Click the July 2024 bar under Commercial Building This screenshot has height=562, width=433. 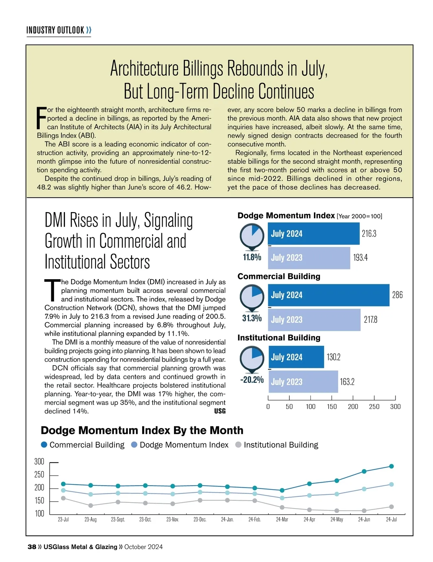pos(328,295)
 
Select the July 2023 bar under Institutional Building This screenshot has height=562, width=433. pos(303,382)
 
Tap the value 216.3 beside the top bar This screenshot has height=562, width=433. pos(369,234)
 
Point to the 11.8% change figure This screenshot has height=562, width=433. pos(252,257)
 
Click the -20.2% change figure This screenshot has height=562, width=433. pos(252,380)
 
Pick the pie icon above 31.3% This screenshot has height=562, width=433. pos(252,297)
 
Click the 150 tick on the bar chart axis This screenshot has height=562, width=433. pos(332,407)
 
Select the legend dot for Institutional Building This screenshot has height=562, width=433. pos(238,445)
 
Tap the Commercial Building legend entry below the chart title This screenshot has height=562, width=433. pos(83,445)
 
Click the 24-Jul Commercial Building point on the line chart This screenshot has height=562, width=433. pos(392,466)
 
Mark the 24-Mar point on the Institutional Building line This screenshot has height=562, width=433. pos(282,507)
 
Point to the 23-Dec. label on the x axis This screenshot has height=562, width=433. pos(200,520)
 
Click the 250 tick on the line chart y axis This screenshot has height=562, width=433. pos(39,475)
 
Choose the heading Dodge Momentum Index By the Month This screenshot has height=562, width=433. pos(142,430)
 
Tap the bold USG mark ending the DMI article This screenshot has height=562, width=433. pos(220,411)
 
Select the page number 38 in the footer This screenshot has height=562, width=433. pos(32,547)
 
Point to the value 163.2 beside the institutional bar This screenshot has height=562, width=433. pos(347,382)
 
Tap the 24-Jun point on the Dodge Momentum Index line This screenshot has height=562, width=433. pos(364,489)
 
